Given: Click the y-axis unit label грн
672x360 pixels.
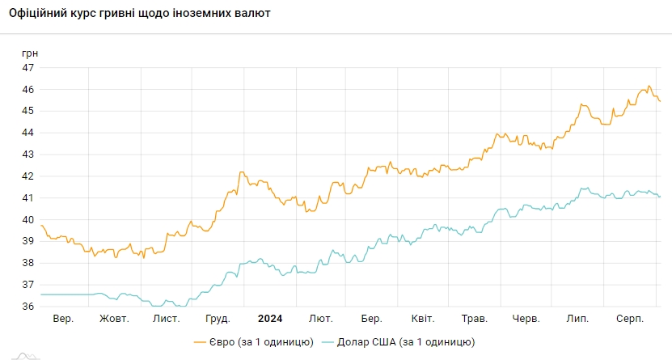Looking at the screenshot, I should coord(30,53).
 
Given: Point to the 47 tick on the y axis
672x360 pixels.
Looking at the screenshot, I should coord(27,67).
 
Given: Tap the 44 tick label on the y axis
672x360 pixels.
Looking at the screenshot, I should coord(27,133).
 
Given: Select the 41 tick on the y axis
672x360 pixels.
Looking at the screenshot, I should coord(27,198).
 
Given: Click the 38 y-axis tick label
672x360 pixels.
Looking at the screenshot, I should coord(27,263).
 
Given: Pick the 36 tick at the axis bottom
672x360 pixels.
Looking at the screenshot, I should coord(27,307).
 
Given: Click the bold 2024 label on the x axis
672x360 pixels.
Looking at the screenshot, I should coord(269,319).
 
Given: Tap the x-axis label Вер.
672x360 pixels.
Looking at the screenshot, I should coord(63,319).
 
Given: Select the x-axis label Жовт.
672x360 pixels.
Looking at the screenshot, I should coord(114,319).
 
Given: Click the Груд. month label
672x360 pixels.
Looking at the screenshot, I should coord(218,319).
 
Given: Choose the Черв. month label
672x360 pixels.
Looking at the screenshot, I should coord(526,319).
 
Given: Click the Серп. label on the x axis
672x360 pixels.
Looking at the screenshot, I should coord(628,319).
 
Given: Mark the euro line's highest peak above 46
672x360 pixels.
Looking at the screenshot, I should coord(648,86).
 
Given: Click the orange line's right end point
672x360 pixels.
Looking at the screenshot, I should coord(660,101).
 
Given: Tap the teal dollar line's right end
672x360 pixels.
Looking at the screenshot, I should coord(660,197).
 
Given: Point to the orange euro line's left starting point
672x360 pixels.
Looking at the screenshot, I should coord(40,225).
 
